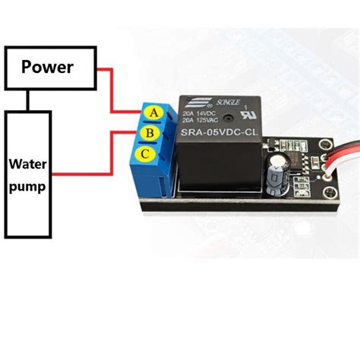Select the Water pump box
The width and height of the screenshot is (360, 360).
coord(28,174)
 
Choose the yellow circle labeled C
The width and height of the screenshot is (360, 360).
coord(143,156)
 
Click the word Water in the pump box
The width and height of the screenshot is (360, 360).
coord(28,164)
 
